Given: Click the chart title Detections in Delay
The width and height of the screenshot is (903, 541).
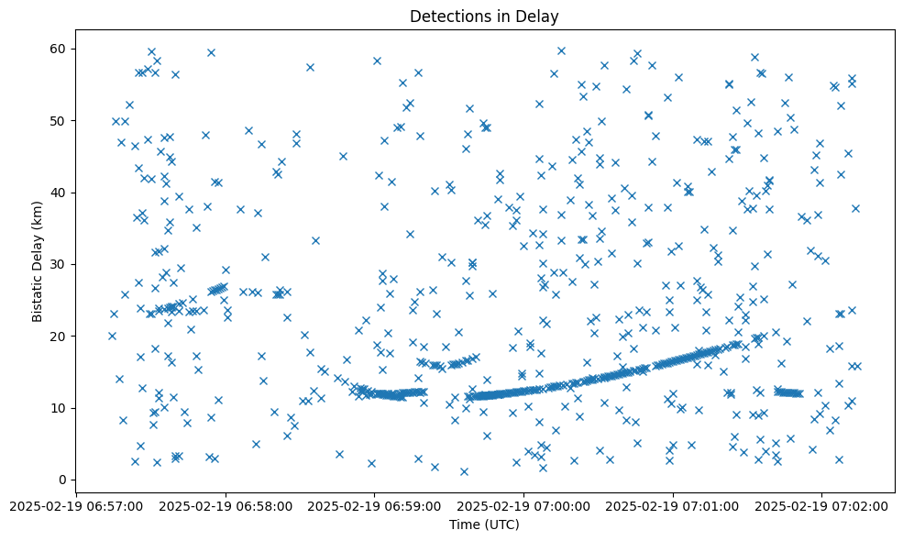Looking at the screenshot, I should [x=484, y=17].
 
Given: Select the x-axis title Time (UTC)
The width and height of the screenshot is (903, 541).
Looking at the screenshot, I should [x=484, y=524].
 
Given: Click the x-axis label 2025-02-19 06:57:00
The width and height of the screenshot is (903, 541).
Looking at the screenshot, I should [x=77, y=505].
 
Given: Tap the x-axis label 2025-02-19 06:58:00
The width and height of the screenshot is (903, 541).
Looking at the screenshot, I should [x=226, y=505].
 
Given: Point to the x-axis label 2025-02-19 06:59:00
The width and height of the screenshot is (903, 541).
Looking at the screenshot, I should [x=375, y=505].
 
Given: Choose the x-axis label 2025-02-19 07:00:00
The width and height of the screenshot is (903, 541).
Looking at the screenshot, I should [x=524, y=505].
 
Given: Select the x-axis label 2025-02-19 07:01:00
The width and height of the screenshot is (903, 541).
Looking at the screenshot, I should [x=674, y=505].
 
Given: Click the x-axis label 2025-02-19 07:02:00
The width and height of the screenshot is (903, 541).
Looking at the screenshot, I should [x=822, y=505].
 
